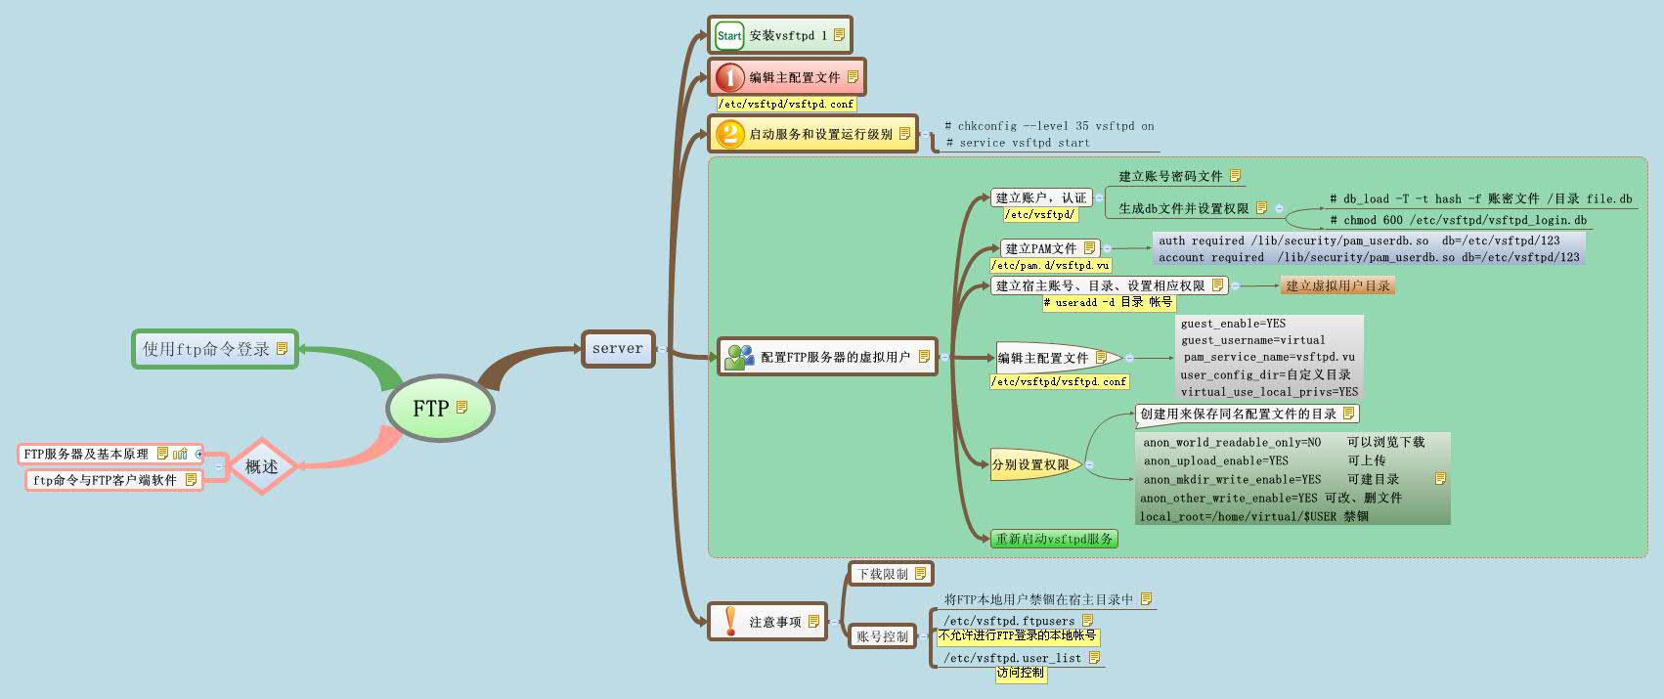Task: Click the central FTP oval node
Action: (x=439, y=409)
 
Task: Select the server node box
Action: (x=617, y=349)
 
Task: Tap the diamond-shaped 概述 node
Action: (x=261, y=467)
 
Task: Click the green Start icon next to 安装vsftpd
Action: (x=729, y=36)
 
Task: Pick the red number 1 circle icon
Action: (x=729, y=77)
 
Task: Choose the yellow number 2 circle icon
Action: (x=729, y=134)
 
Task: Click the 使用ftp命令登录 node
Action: (x=214, y=349)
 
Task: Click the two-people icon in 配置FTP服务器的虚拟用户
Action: (x=739, y=357)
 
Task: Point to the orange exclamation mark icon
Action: (x=730, y=621)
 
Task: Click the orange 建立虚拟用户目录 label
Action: (x=1337, y=285)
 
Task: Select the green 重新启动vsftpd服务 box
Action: (x=1054, y=539)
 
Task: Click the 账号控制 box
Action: (x=883, y=636)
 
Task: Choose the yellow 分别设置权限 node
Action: (x=1031, y=464)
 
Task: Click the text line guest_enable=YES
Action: (x=1233, y=324)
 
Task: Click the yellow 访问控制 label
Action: (x=1020, y=673)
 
